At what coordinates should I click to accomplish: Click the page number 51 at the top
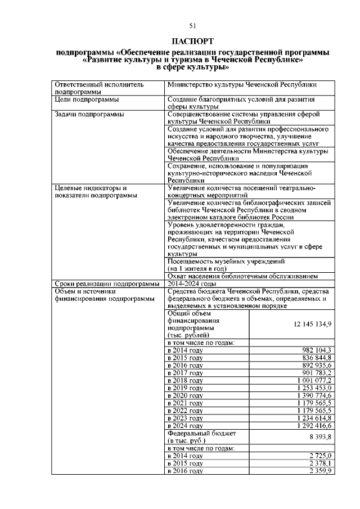point(192,25)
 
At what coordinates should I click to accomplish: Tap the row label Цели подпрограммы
point(86,100)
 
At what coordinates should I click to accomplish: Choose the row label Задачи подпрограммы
point(89,114)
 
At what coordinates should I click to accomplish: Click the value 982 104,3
point(317,350)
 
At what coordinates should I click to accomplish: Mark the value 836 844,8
point(317,358)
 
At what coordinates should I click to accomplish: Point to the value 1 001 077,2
point(313,380)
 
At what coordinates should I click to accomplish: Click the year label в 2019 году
point(185,388)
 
